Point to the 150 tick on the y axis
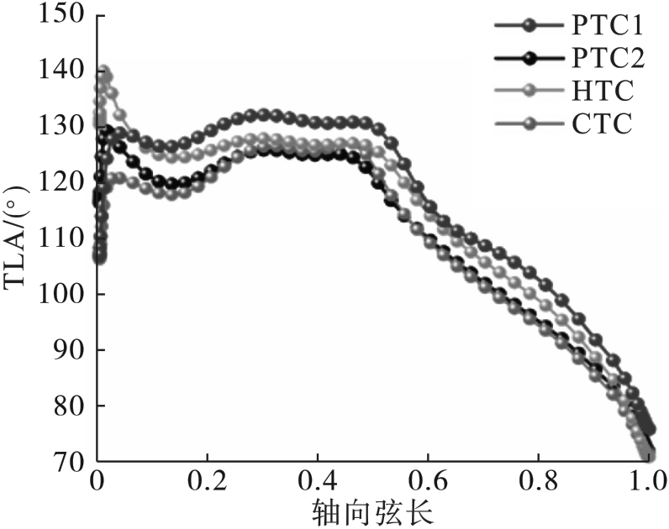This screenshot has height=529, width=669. click(66, 14)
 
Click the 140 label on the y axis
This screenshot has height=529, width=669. click(66, 71)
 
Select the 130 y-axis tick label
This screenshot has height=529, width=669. click(66, 127)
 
